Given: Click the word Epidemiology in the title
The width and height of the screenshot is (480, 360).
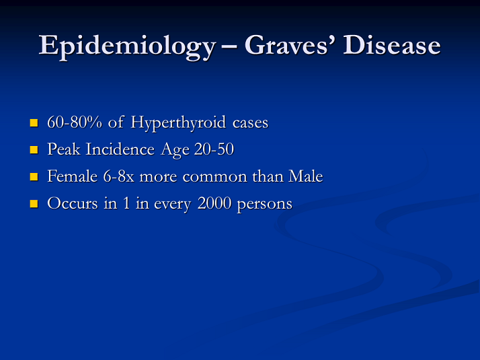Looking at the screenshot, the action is tap(127, 46).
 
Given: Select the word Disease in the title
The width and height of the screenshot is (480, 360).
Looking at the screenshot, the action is tap(392, 45).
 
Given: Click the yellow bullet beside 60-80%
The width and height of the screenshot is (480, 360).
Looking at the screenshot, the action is tap(34, 123).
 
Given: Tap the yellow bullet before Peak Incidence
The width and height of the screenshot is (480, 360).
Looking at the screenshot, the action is tap(34, 150).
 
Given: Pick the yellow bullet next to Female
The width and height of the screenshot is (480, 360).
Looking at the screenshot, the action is tap(34, 177).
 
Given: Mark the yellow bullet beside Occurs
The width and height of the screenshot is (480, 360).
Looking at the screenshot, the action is tap(34, 204).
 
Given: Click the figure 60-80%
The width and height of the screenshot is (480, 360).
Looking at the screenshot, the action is tap(75, 122).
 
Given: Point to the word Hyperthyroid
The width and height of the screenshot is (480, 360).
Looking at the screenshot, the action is tap(178, 123).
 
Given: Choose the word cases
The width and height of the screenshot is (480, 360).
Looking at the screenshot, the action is tap(250, 123).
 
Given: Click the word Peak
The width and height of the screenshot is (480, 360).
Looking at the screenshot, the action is tap(64, 149).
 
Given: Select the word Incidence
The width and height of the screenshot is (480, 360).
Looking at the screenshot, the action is tap(120, 149).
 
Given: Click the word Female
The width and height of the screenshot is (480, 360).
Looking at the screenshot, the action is tap(72, 176).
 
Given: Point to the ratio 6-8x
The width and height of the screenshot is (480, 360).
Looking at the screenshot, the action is tap(119, 176).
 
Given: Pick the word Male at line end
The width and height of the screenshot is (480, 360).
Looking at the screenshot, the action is tap(305, 176).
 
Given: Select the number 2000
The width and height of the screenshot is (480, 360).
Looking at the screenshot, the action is tap(214, 203).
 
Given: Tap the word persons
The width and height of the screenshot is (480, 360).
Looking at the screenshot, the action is tap(265, 205).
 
